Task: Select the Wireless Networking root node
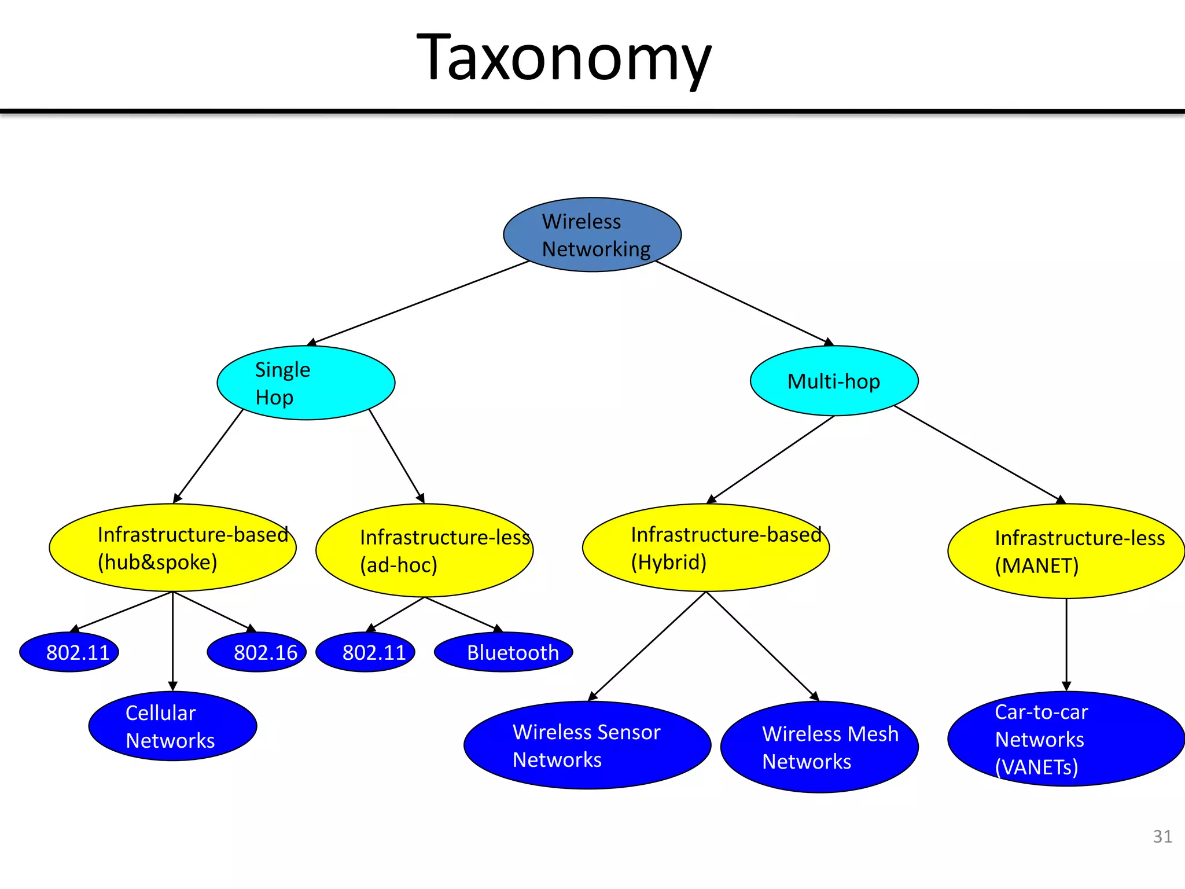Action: coord(592,234)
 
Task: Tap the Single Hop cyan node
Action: coord(306,383)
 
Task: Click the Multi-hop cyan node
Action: coord(834,381)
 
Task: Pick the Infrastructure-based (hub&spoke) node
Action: coord(172,548)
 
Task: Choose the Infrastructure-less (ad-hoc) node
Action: coord(424,550)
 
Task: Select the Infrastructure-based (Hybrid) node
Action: coord(705,548)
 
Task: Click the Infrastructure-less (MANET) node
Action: coord(1066,551)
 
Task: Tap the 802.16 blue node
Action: coord(257,652)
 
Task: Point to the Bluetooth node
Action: coord(503,652)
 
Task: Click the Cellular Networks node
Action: coord(172,726)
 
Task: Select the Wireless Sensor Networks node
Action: coord(587,745)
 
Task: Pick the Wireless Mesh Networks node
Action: coord(819,747)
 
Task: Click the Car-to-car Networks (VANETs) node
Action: coord(1066,739)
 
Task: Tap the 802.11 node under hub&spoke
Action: coord(69,652)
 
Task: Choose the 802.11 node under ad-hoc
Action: coord(365,652)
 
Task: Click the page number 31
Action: coord(1162,836)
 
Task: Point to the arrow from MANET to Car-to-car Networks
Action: coord(1066,642)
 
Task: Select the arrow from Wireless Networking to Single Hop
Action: coord(419,303)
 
